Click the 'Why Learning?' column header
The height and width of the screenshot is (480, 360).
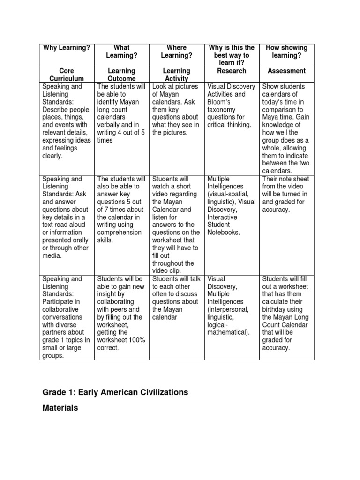(67, 48)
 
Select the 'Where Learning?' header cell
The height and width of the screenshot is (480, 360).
(177, 52)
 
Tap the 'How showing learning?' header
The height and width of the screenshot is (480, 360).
(286, 52)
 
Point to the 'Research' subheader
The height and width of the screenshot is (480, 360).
(232, 71)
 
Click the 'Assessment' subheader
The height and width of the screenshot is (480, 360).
(286, 71)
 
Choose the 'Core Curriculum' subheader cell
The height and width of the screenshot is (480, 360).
(67, 75)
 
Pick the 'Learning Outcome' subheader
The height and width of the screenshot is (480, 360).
(121, 75)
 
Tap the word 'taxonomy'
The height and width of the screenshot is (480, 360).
(222, 109)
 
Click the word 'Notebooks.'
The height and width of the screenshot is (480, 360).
(224, 232)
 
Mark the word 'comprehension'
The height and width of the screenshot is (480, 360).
(119, 232)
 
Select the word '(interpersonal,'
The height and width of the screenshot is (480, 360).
(228, 309)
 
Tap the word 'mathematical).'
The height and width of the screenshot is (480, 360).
(228, 332)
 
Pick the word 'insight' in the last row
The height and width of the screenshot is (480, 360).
(108, 294)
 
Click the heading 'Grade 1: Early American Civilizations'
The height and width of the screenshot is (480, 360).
(115, 392)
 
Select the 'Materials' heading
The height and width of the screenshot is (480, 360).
(60, 408)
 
